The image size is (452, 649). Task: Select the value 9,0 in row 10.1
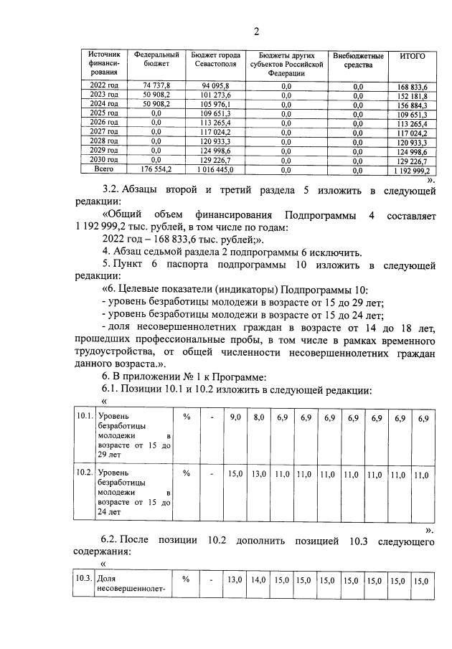coord(235,417)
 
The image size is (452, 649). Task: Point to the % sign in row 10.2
coord(186,473)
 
